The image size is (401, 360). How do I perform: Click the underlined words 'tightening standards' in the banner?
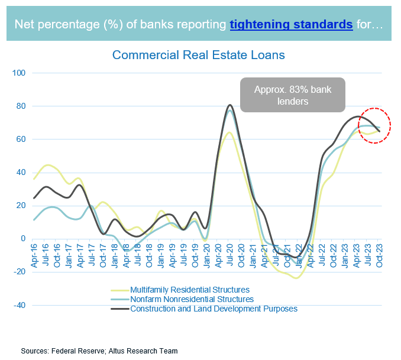(x=291, y=24)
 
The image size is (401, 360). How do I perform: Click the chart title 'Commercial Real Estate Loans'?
(x=199, y=55)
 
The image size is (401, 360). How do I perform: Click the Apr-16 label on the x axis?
(x=35, y=253)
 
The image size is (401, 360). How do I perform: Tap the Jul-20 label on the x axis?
(x=230, y=253)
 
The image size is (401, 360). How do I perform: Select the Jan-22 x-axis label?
(x=299, y=253)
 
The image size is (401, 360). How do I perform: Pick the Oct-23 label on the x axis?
(x=379, y=253)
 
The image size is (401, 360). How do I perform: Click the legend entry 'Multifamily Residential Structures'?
(x=189, y=290)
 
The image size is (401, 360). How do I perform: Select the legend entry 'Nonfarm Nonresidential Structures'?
(x=192, y=299)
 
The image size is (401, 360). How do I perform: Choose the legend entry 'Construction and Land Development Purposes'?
(x=214, y=309)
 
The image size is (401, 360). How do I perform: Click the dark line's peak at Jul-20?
(x=230, y=105)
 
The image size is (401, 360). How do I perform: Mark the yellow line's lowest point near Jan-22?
(x=296, y=278)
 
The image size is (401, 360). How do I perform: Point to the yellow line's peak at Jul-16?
(x=48, y=165)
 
